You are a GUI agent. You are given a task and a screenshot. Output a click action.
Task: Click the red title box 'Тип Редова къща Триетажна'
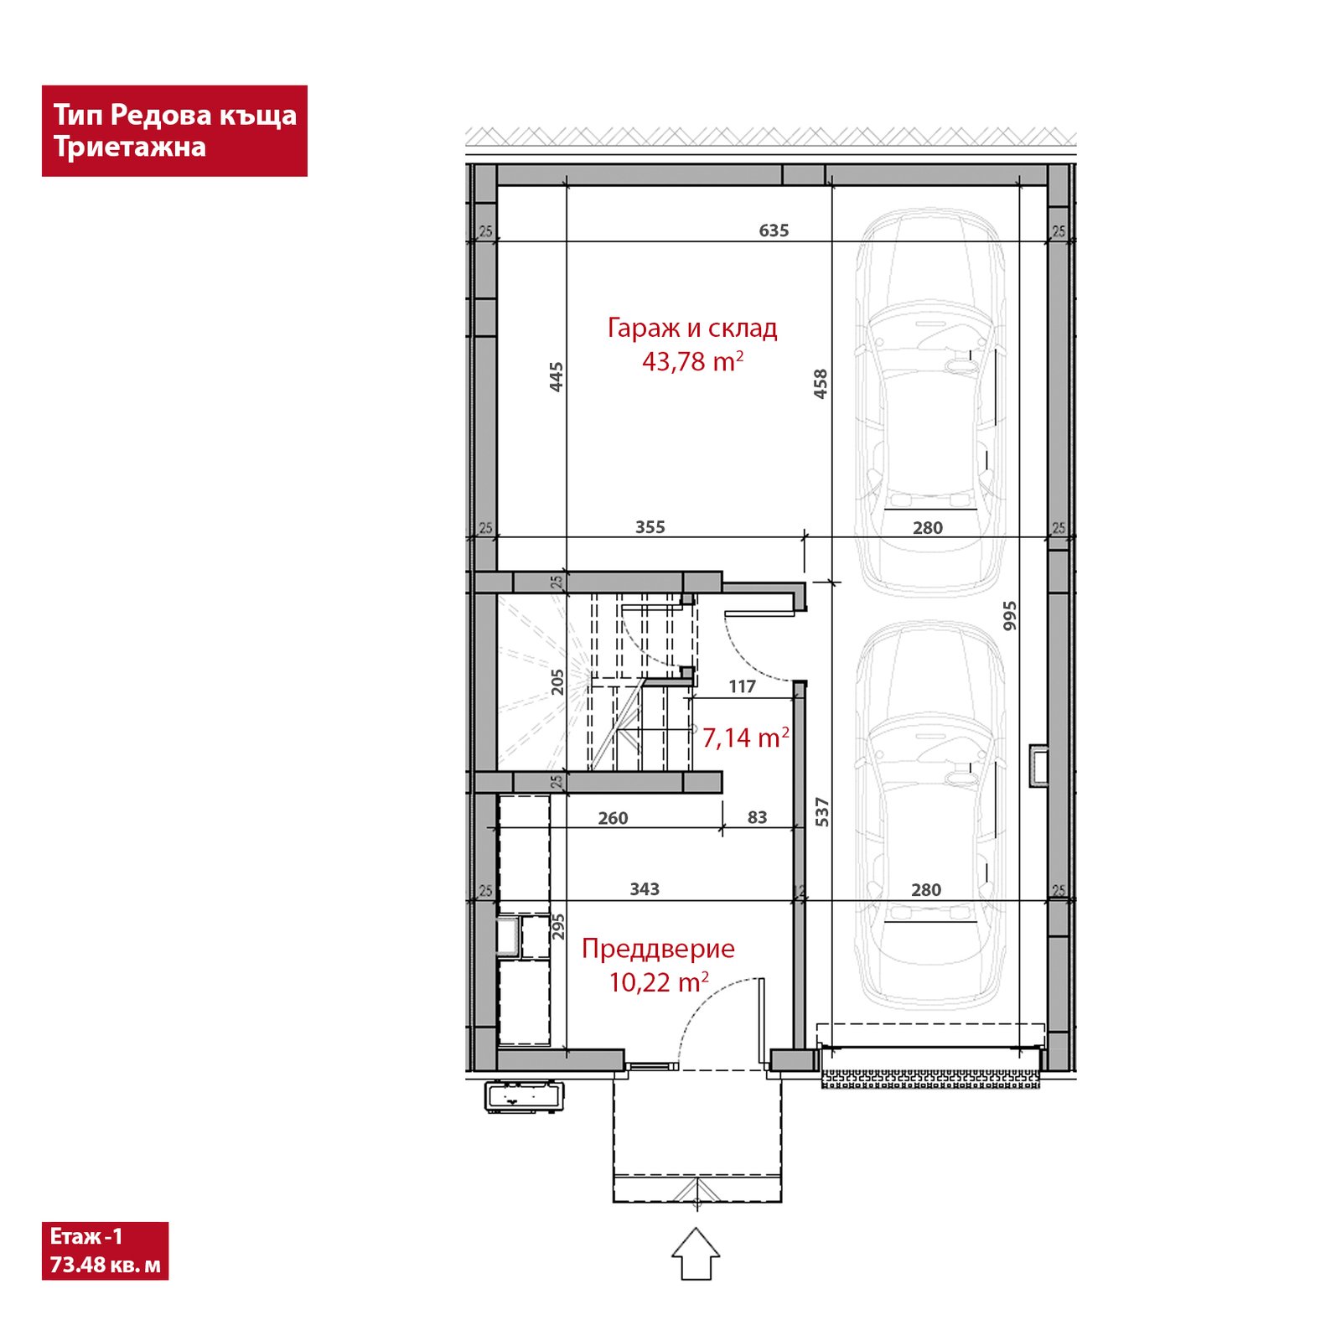pyautogui.click(x=174, y=131)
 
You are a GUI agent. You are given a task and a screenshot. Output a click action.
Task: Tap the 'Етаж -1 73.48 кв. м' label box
pyautogui.click(x=105, y=1250)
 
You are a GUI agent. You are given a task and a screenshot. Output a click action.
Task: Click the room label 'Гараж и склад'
pyautogui.click(x=692, y=328)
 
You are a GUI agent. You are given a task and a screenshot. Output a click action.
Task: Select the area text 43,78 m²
pyautogui.click(x=693, y=361)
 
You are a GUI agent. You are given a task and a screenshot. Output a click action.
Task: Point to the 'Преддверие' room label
pyautogui.click(x=658, y=949)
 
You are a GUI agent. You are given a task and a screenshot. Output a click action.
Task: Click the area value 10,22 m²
pyautogui.click(x=659, y=982)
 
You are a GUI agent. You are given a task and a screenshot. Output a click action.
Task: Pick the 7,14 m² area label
pyautogui.click(x=746, y=738)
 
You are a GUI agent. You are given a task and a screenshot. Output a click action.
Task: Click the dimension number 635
pyautogui.click(x=774, y=230)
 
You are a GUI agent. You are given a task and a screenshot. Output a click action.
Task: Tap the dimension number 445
pyautogui.click(x=557, y=377)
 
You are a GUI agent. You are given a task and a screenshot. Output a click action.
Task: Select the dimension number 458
pyautogui.click(x=821, y=384)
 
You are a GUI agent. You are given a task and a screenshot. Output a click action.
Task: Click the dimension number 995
pyautogui.click(x=1010, y=616)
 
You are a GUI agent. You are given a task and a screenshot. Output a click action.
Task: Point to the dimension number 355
pyautogui.click(x=650, y=527)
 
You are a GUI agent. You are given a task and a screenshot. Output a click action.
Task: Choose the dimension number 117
pyautogui.click(x=742, y=686)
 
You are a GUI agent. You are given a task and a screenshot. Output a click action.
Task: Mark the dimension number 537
pyautogui.click(x=822, y=812)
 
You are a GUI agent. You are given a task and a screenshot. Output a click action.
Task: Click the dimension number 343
pyautogui.click(x=645, y=889)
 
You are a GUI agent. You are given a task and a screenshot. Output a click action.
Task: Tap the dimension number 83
pyautogui.click(x=757, y=817)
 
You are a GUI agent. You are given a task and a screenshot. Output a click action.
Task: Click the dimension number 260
pyautogui.click(x=613, y=818)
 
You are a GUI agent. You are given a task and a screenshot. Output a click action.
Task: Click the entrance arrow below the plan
pyautogui.click(x=696, y=1254)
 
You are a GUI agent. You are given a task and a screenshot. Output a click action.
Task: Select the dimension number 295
pyautogui.click(x=558, y=926)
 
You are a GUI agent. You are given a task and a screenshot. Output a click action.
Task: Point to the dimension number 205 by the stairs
pyautogui.click(x=558, y=682)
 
